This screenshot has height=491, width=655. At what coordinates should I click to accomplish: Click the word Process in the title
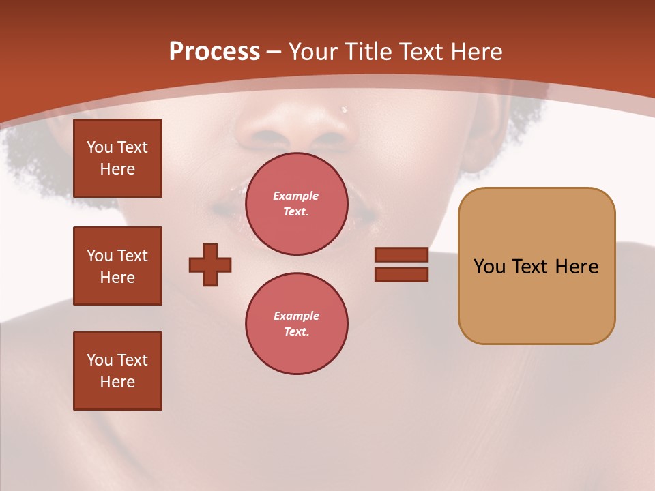pyautogui.click(x=214, y=52)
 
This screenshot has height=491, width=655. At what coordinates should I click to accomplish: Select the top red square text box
pyautogui.click(x=117, y=158)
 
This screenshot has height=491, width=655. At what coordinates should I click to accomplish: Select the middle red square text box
pyautogui.click(x=117, y=266)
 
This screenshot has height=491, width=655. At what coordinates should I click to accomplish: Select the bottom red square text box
pyautogui.click(x=117, y=371)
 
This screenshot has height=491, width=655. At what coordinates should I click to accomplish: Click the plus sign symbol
pyautogui.click(x=210, y=265)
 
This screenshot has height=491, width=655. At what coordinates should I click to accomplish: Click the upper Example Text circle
pyautogui.click(x=296, y=204)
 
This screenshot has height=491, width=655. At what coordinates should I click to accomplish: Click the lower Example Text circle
pyautogui.click(x=296, y=324)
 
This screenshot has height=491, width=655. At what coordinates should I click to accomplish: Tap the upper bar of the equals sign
pyautogui.click(x=401, y=255)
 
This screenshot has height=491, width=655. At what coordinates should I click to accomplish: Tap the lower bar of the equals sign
pyautogui.click(x=401, y=274)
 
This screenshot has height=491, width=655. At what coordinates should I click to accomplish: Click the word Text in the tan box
pyautogui.click(x=530, y=267)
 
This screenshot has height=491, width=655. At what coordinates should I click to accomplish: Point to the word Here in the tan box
pyautogui.click(x=577, y=267)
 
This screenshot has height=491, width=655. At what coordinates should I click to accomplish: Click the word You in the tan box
pyautogui.click(x=489, y=267)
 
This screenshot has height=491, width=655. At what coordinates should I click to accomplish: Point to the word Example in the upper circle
pyautogui.click(x=296, y=196)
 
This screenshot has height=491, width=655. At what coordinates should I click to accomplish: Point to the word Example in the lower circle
pyautogui.click(x=296, y=316)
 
